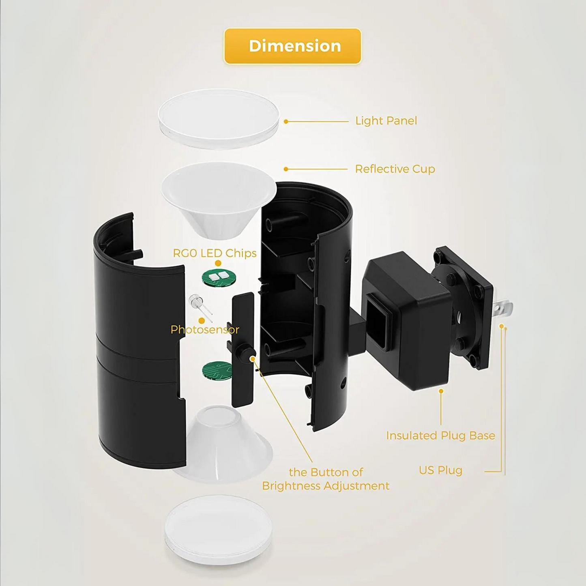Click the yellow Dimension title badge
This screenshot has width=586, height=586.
(292, 46)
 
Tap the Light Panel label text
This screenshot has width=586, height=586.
(386, 121)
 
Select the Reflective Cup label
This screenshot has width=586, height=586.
(395, 169)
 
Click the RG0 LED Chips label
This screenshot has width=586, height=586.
(215, 253)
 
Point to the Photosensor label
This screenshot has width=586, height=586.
(204, 330)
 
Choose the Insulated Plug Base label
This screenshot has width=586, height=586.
(440, 436)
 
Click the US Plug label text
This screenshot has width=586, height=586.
(440, 470)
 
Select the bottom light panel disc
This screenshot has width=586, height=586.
(218, 529)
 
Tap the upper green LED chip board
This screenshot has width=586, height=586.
(219, 278)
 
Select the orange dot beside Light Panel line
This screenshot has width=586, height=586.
(286, 121)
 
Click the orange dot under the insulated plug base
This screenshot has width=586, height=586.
(441, 391)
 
